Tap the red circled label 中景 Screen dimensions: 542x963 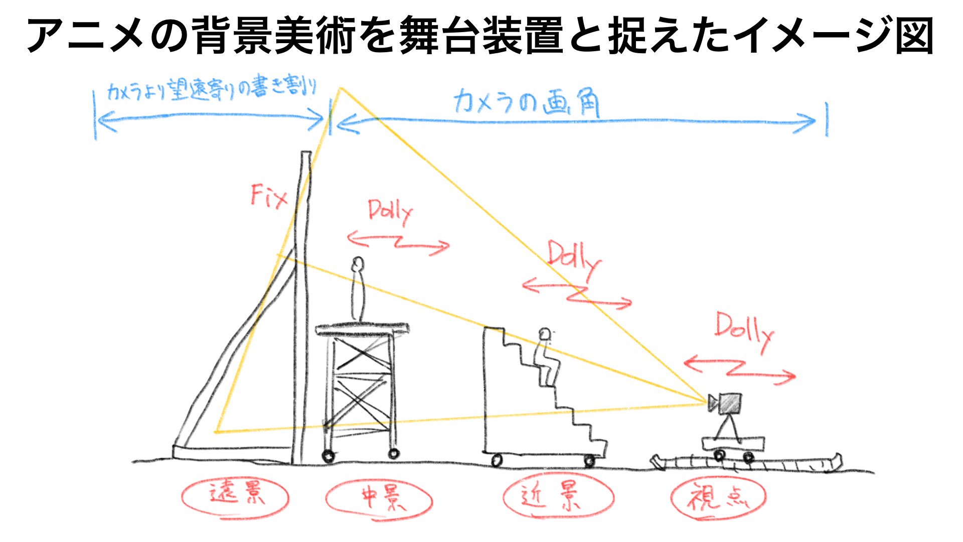pos(378,497)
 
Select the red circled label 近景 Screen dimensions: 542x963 pos(557,496)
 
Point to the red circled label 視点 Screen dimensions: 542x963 pos(718,496)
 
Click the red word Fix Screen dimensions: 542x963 pos(269,196)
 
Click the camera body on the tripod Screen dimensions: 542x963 pos(730,403)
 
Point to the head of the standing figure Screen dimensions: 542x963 pos(358,263)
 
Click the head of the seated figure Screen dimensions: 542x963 pos(545,334)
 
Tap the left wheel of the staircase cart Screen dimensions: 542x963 pos(497,460)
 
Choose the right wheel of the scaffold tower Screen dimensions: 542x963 pos(394,454)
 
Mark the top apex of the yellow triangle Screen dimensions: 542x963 pos(341,89)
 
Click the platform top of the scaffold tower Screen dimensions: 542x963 pos(362,329)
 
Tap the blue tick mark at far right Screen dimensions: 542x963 pos(826,119)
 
